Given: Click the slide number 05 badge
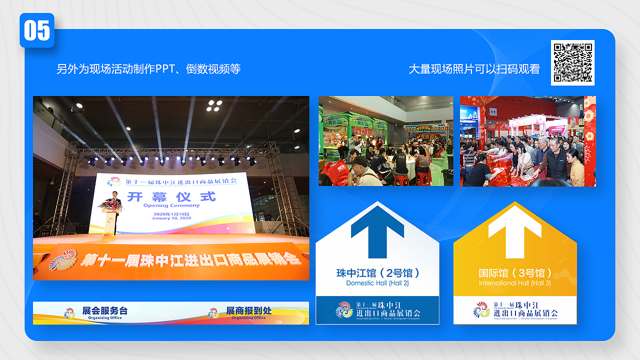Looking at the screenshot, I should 37,30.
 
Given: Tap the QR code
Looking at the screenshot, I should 573,62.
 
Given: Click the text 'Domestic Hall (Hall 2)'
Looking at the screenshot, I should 377,283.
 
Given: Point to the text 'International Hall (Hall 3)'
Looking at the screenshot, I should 515,283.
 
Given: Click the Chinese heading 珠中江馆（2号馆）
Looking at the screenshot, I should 377,273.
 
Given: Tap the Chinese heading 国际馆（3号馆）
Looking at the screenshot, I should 515,273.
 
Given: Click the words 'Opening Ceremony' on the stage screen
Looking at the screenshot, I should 171,205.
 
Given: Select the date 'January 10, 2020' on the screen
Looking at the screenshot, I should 171,218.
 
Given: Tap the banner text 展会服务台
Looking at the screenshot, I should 105,311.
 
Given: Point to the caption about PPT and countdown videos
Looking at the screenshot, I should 148,69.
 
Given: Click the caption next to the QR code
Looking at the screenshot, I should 474,69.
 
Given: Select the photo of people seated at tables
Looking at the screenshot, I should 386,141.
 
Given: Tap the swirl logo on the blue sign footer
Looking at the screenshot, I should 344,310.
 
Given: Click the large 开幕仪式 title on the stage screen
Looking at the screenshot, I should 171,196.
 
